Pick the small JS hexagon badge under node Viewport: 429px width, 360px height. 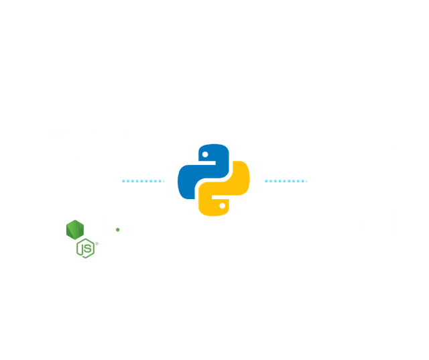point(87,249)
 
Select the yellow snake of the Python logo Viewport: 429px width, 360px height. point(230,194)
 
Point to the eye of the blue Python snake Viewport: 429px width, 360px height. point(205,154)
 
